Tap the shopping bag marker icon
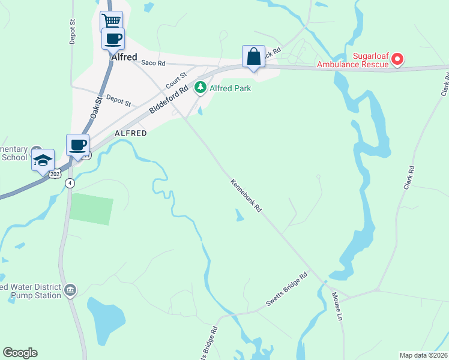[253, 56]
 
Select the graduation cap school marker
[43, 160]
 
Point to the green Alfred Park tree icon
[200, 88]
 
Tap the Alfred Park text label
[230, 88]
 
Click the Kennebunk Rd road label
[246, 195]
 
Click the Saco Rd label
[152, 62]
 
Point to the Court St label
[176, 79]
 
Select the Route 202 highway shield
[56, 173]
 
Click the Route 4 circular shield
[70, 183]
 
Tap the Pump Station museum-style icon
[71, 290]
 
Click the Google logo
[20, 353]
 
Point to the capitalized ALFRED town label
[130, 133]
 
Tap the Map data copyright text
[423, 355]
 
